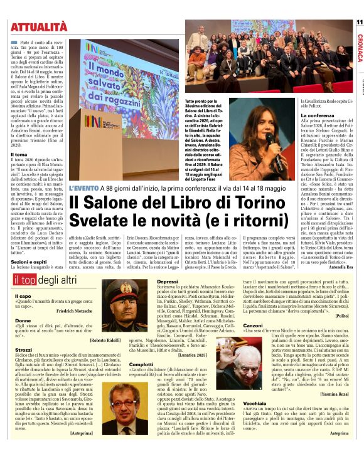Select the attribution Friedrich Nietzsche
pyautogui.click(x=75, y=311)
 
